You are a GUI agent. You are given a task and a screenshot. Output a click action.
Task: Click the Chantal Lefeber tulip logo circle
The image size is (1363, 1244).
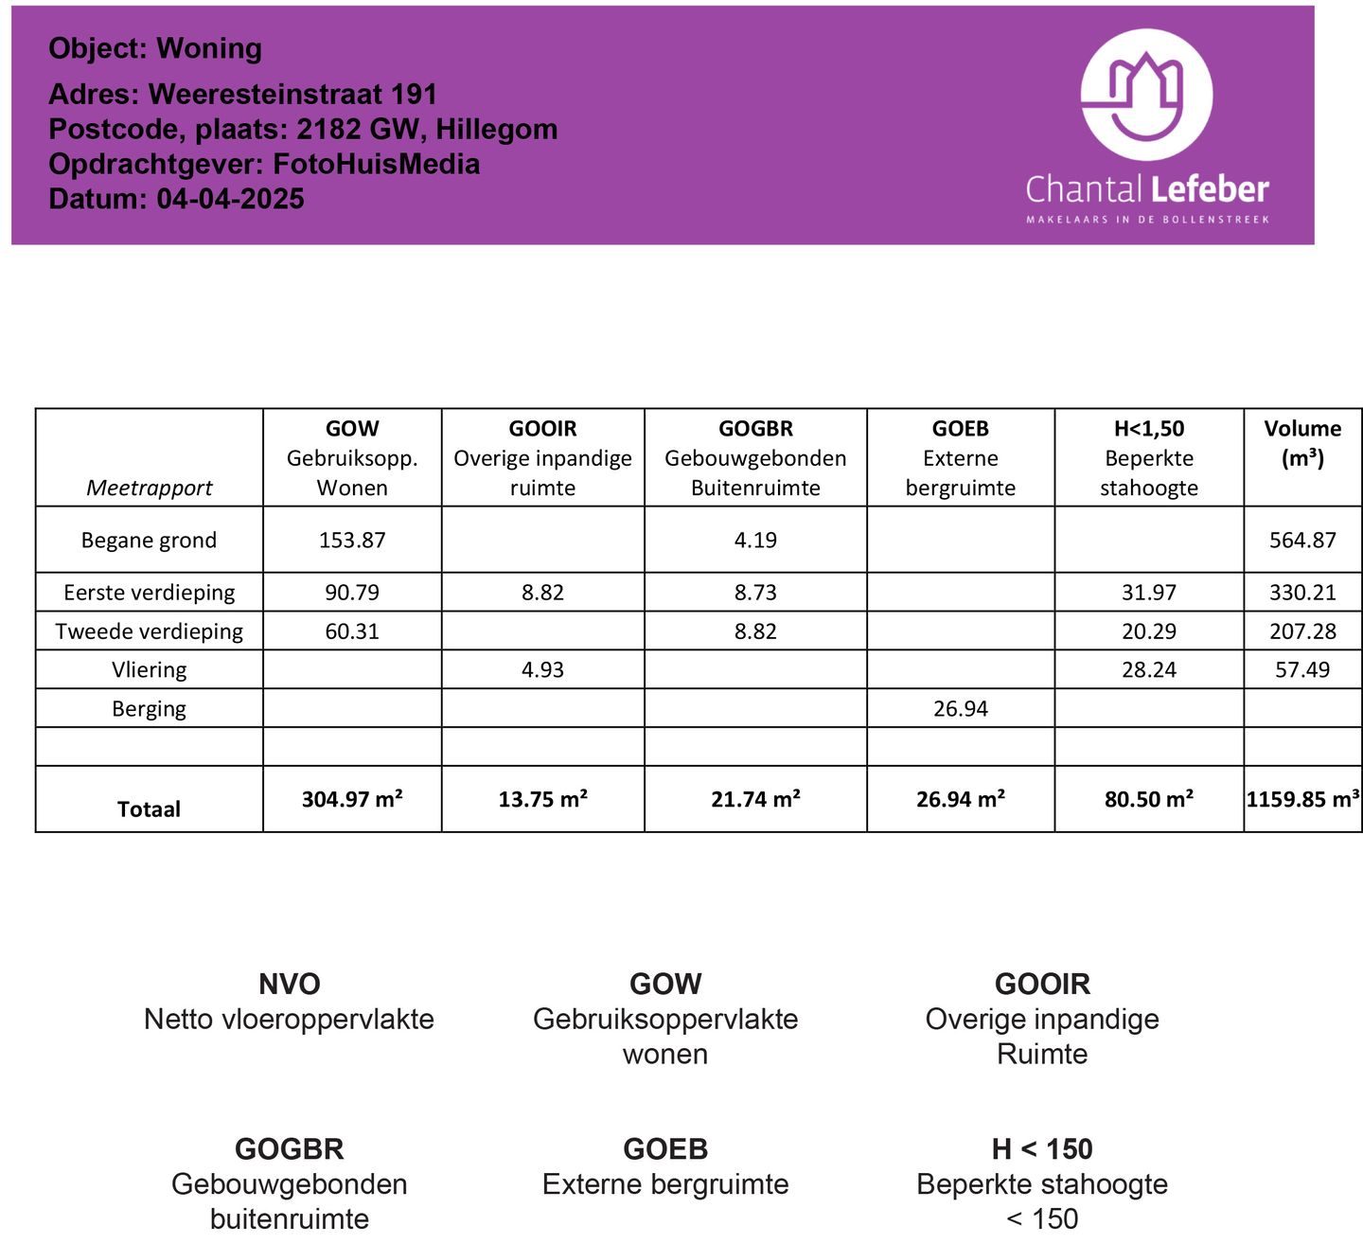click(1146, 95)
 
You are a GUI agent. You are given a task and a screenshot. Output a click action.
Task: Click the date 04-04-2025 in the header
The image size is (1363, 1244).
click(230, 199)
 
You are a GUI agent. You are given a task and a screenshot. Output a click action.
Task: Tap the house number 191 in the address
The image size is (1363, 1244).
click(413, 95)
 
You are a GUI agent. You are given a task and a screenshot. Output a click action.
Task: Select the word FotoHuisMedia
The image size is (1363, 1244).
click(376, 164)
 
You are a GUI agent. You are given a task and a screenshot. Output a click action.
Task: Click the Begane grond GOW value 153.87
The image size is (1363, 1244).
click(352, 540)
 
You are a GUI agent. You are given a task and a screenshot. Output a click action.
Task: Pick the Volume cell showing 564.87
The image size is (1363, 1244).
click(1302, 540)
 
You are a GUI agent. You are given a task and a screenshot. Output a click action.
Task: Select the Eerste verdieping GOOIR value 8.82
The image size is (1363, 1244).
click(542, 593)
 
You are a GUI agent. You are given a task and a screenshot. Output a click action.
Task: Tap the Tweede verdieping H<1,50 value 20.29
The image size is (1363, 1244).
click(1148, 631)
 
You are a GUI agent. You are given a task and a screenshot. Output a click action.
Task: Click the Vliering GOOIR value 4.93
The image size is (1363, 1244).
click(542, 670)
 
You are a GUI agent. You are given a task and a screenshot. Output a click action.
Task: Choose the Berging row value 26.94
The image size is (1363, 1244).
click(960, 709)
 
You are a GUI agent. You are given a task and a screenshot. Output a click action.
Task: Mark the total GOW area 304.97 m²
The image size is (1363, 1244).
click(352, 799)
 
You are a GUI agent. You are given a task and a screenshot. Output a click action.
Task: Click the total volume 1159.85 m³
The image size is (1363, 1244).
click(1302, 799)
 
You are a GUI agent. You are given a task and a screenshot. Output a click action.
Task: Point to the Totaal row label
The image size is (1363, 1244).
click(149, 809)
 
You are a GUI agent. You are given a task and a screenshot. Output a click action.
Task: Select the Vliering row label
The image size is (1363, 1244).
click(149, 670)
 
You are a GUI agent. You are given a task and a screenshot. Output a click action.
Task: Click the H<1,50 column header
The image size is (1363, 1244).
click(1148, 429)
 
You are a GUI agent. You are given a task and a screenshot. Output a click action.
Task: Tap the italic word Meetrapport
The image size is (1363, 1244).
click(149, 488)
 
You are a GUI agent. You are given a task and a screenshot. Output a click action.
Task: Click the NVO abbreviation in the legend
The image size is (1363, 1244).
click(289, 984)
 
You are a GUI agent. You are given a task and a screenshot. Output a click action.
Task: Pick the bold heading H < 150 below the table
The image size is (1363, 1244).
click(1041, 1149)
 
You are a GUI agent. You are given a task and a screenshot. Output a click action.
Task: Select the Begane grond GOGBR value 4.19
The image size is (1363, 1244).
click(755, 540)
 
